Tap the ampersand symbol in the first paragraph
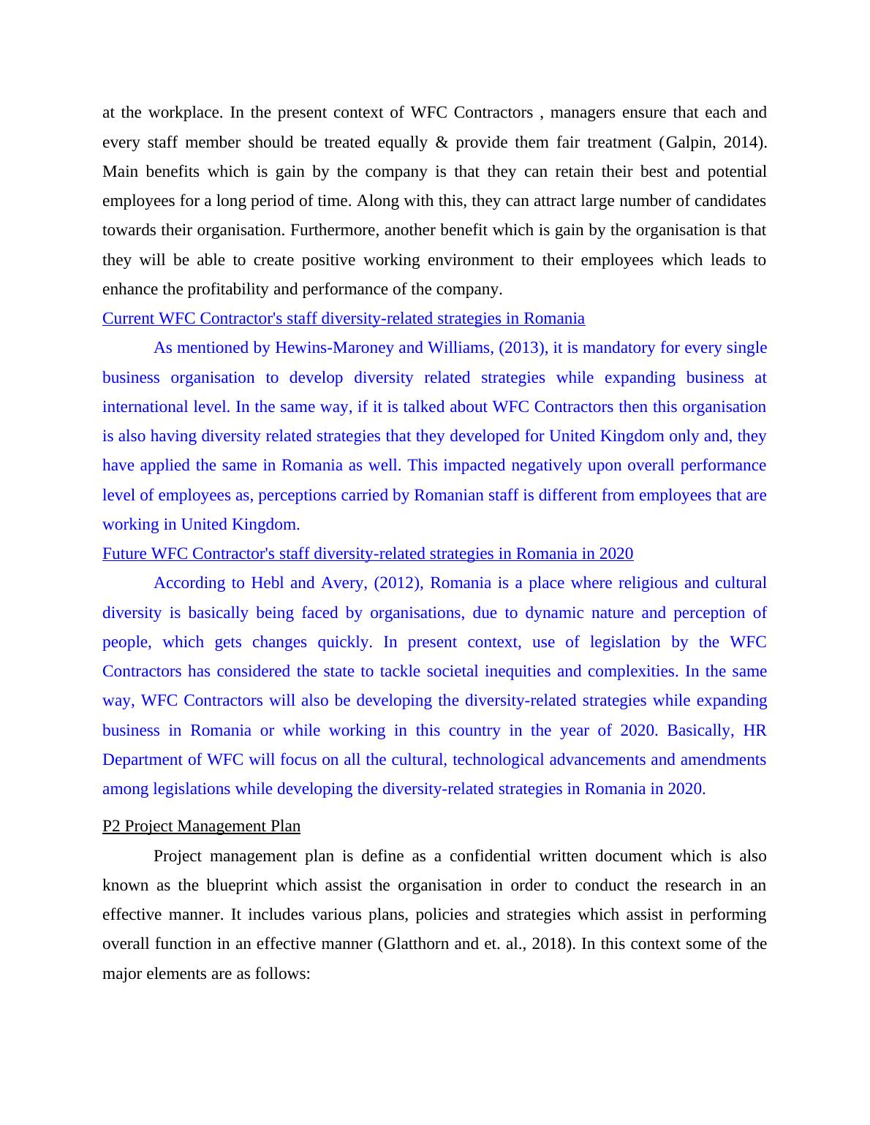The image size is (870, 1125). click(x=442, y=142)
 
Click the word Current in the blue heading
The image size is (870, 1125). click(x=129, y=319)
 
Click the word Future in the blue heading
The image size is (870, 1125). click(x=125, y=554)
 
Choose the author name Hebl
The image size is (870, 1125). click(x=267, y=583)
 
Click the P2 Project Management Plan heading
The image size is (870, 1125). click(x=201, y=826)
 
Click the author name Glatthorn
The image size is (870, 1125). click(x=414, y=944)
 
